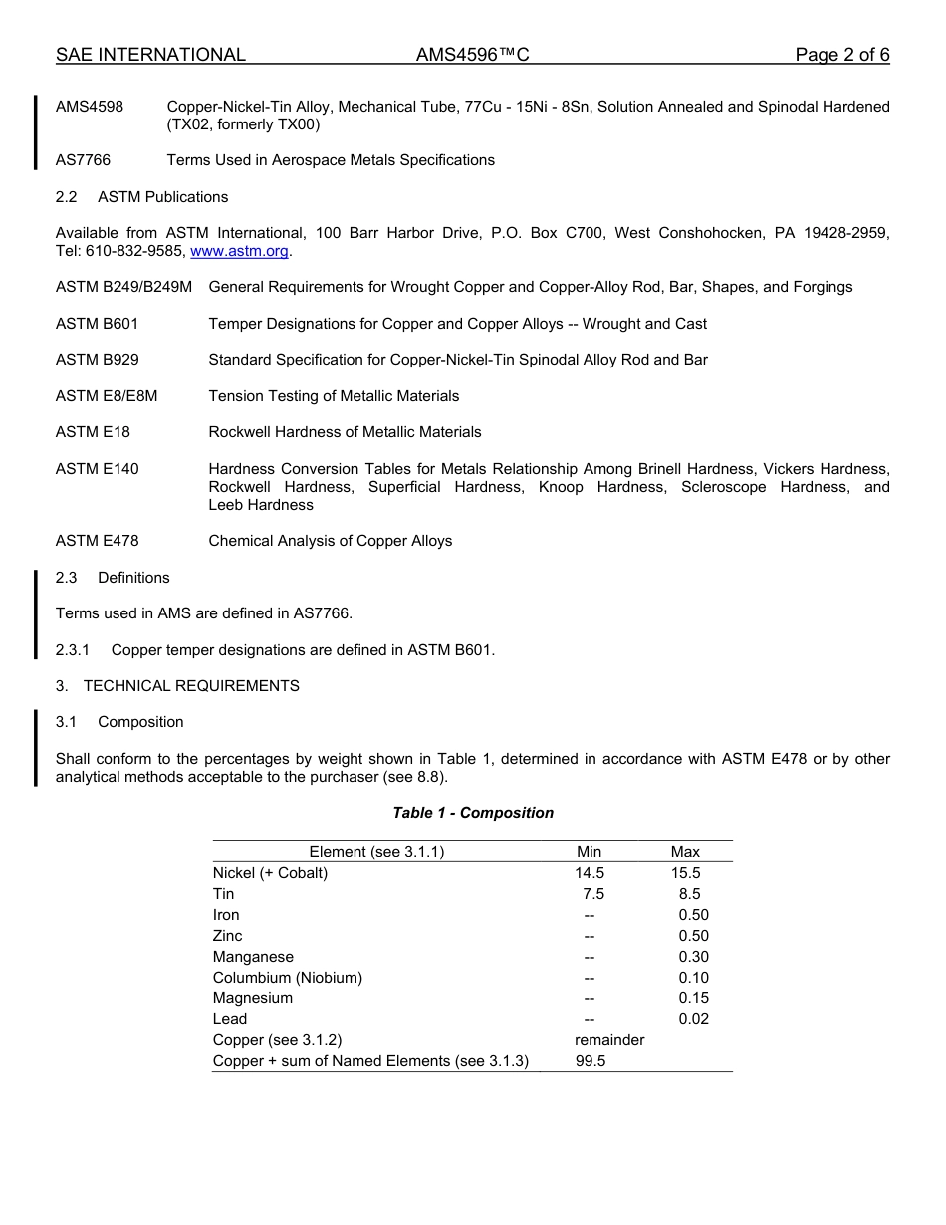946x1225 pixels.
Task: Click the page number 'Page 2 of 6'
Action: pyautogui.click(x=841, y=55)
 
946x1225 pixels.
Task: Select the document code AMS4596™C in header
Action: pyautogui.click(x=472, y=55)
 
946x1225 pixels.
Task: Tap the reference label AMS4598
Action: pyautogui.click(x=90, y=107)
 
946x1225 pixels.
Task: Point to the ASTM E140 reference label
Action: pyautogui.click(x=98, y=469)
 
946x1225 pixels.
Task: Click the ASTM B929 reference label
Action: pyautogui.click(x=98, y=360)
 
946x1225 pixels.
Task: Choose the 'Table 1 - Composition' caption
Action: pyautogui.click(x=473, y=813)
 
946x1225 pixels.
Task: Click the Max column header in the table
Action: pyautogui.click(x=685, y=852)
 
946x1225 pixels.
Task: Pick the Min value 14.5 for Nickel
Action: pyautogui.click(x=590, y=873)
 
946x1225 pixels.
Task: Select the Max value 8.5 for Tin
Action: pyautogui.click(x=689, y=894)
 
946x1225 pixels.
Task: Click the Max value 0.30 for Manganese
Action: pyautogui.click(x=693, y=957)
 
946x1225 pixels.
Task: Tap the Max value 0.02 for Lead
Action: pyautogui.click(x=693, y=1019)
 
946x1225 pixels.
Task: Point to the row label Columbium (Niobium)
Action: pyautogui.click(x=288, y=978)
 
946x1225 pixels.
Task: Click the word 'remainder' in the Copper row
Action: pyautogui.click(x=609, y=1040)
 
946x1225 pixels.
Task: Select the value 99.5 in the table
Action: pyautogui.click(x=591, y=1061)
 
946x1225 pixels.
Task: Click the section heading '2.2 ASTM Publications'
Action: pyautogui.click(x=141, y=197)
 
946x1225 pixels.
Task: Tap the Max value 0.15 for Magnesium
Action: pyautogui.click(x=693, y=998)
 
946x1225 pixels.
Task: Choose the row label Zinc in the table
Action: pyautogui.click(x=228, y=936)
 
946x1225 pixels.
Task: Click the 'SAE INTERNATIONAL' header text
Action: pyautogui.click(x=150, y=55)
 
